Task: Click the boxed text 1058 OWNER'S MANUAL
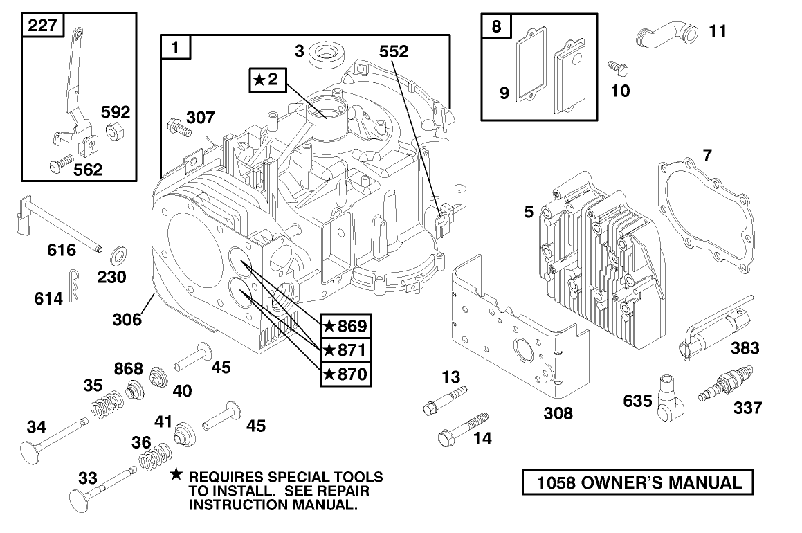635,482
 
